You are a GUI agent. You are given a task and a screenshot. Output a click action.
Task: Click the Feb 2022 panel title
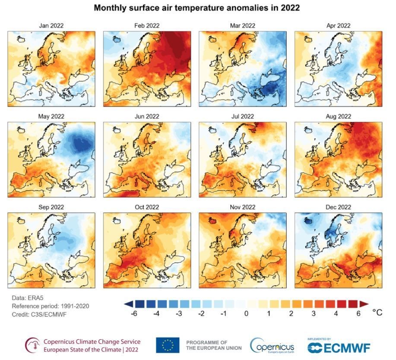tap(147, 25)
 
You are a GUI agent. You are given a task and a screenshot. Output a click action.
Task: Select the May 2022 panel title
tap(51, 116)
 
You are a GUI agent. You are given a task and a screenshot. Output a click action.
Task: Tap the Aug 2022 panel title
tap(338, 116)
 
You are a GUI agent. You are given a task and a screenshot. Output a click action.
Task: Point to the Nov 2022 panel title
tap(242, 207)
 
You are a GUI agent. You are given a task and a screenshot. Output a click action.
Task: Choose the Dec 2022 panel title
tap(338, 207)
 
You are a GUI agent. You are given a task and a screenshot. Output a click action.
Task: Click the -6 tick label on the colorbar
tap(134, 313)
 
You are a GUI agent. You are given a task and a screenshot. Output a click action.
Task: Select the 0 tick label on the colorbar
tap(246, 313)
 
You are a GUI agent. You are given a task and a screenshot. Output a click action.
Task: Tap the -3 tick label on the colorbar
tap(179, 313)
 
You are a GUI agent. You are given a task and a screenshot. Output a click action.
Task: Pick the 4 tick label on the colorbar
tap(336, 313)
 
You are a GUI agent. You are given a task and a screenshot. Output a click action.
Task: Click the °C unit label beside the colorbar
tap(377, 312)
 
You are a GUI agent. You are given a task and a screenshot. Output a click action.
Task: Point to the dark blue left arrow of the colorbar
tap(129, 304)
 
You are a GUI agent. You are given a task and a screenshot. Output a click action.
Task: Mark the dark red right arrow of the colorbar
tap(364, 304)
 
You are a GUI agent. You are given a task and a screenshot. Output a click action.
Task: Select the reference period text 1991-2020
tap(75, 306)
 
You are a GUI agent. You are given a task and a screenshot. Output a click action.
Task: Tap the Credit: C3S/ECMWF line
tap(39, 315)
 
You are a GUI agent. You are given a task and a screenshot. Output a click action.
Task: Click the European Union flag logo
tap(168, 345)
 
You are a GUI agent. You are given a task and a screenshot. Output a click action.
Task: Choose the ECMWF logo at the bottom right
tap(339, 347)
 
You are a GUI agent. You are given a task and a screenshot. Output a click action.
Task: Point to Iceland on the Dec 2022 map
tap(307, 221)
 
